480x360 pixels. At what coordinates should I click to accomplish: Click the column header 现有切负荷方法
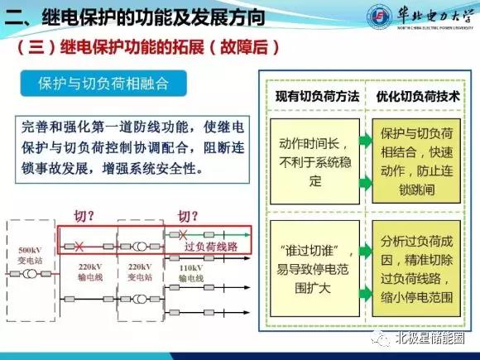[317, 97]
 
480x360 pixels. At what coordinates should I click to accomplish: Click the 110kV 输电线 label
[191, 273]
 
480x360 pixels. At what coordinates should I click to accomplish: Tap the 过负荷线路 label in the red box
[210, 247]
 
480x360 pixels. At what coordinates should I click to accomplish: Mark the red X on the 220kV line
[79, 246]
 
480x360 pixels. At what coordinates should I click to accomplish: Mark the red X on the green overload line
[182, 234]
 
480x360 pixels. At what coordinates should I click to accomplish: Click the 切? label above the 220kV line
[86, 217]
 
